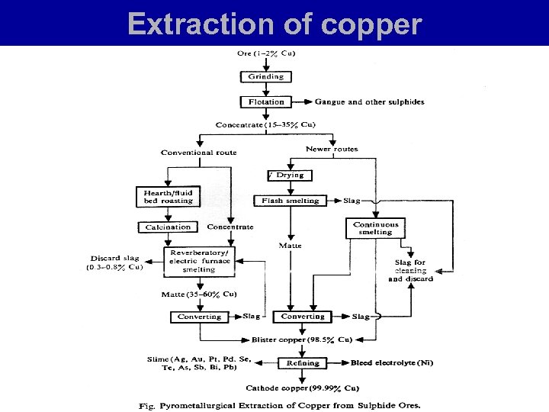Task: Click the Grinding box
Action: click(x=265, y=77)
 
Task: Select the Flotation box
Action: click(x=266, y=101)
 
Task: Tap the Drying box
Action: click(x=290, y=175)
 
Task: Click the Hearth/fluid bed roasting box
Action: click(x=169, y=196)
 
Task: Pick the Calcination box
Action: click(x=169, y=227)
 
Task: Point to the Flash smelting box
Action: click(x=291, y=201)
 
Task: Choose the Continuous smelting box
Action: click(x=376, y=229)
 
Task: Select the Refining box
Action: click(x=303, y=364)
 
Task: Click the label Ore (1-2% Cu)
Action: click(x=266, y=53)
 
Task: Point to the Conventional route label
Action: click(x=198, y=153)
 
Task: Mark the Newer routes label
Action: click(x=332, y=149)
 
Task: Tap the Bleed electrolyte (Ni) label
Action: click(x=392, y=364)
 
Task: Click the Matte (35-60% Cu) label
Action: click(x=200, y=295)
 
